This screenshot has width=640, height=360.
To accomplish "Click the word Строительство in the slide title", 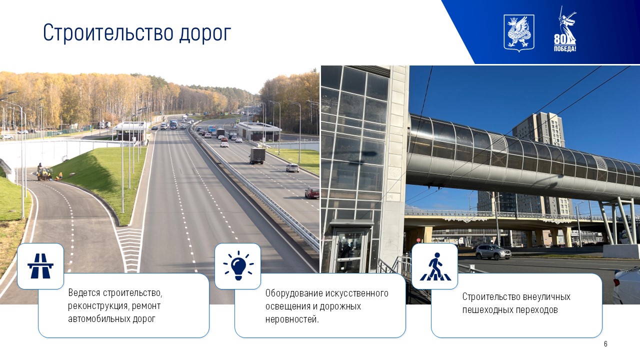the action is (x=108, y=33).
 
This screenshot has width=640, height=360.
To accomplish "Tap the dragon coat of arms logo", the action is (x=518, y=33).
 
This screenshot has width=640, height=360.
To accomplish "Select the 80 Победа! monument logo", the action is (x=565, y=29).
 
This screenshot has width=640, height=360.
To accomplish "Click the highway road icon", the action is (x=40, y=266).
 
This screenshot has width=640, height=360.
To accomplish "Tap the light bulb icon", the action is (x=238, y=265).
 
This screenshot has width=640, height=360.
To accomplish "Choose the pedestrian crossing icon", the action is (x=435, y=266).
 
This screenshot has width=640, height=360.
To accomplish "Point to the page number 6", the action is (x=605, y=343).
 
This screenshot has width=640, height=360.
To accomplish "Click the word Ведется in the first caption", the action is (x=84, y=292).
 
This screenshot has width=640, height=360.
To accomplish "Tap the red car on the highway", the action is (x=311, y=193).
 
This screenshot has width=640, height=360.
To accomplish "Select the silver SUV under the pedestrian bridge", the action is (x=493, y=251).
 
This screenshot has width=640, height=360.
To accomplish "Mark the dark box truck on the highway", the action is (x=257, y=155).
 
